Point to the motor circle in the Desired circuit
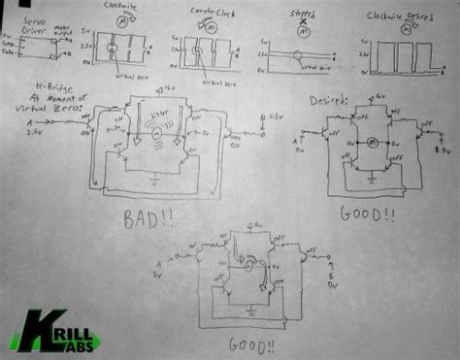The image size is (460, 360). (369, 147)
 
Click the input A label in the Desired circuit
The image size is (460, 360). (295, 143)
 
